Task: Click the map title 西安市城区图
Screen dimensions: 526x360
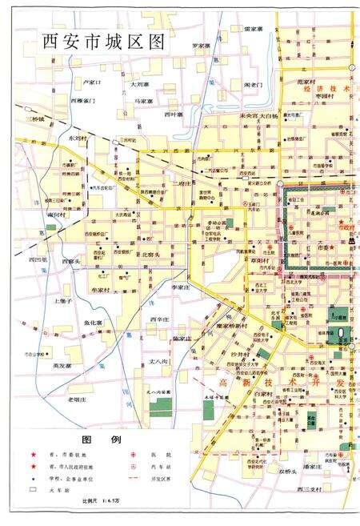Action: click(103, 42)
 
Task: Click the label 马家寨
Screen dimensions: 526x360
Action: click(144, 101)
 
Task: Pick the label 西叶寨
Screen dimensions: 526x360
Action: click(172, 114)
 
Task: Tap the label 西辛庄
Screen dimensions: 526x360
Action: click(159, 319)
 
